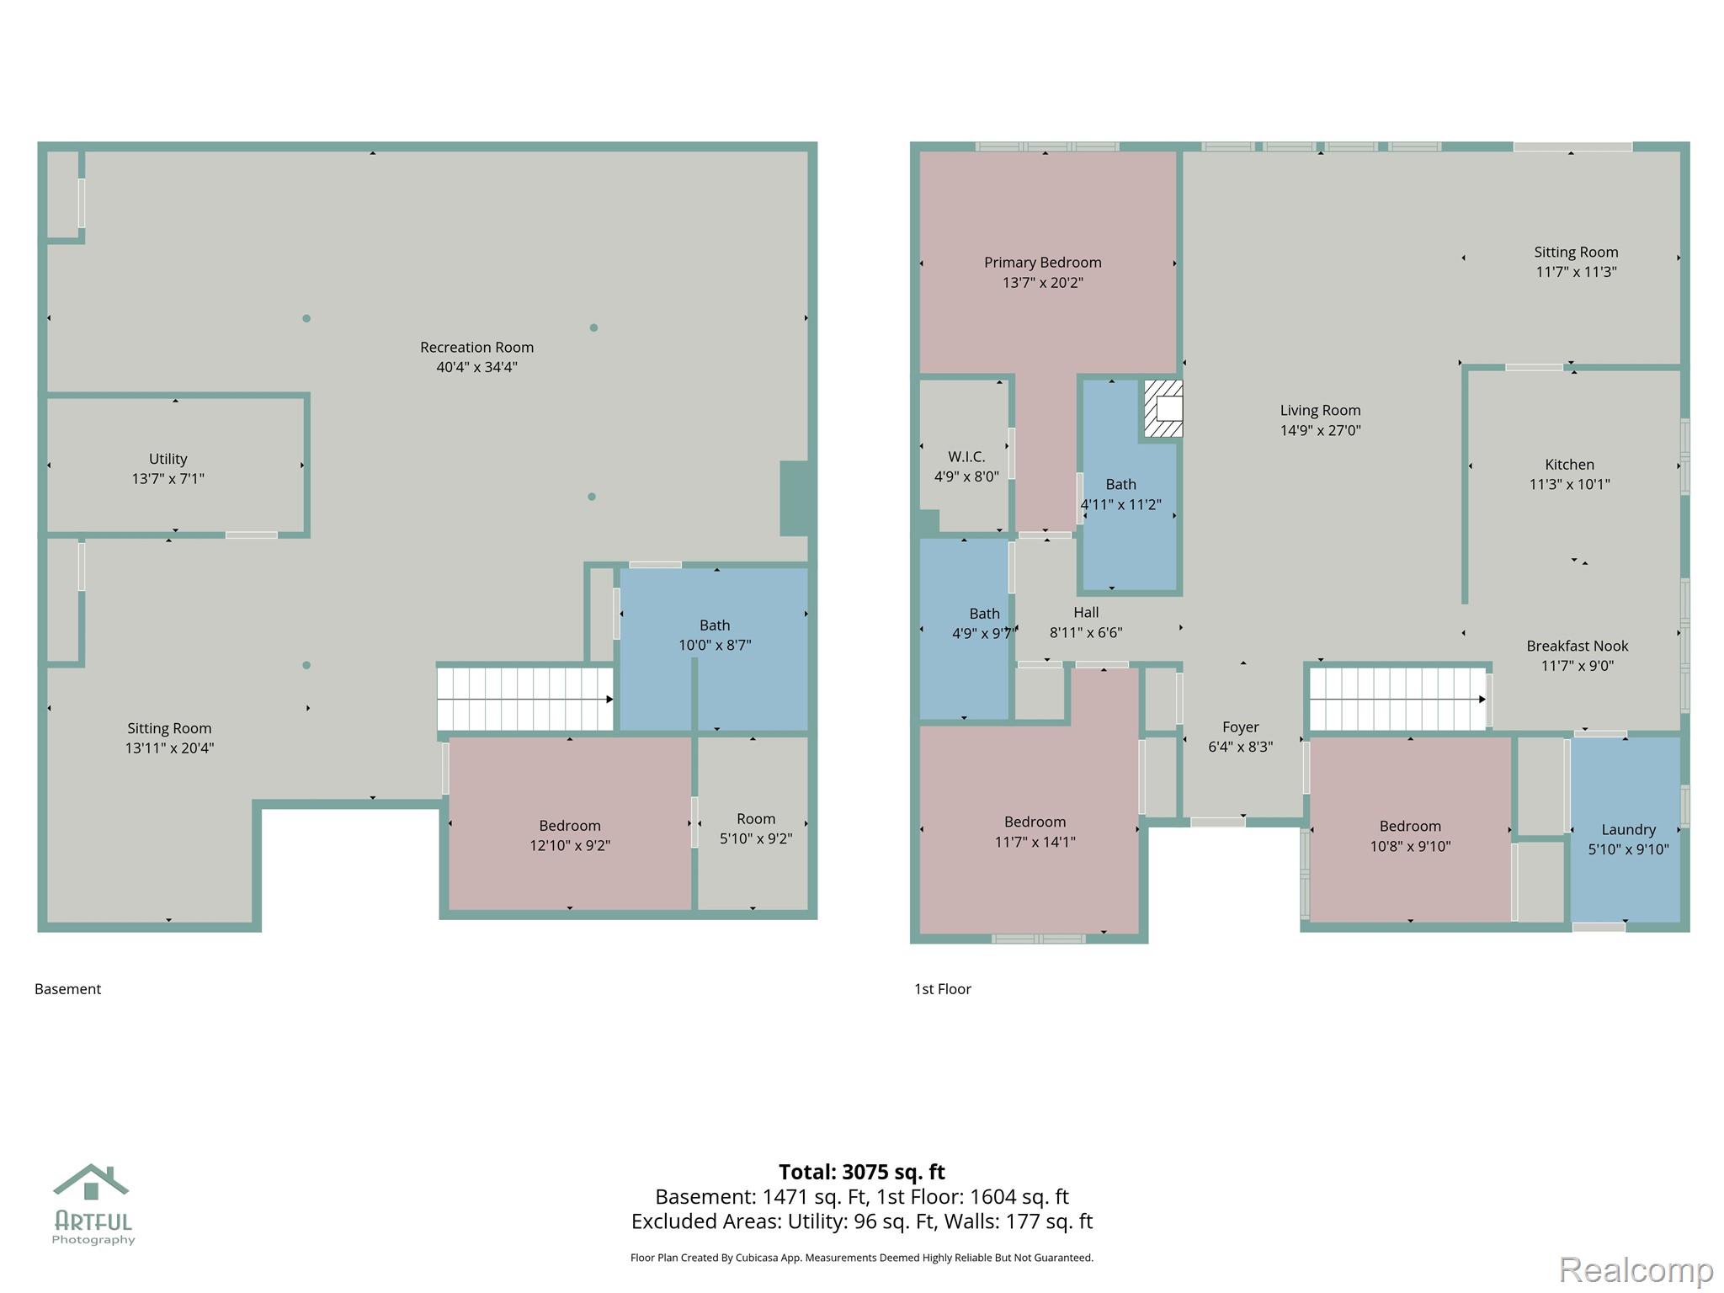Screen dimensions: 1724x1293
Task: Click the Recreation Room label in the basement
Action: coord(476,347)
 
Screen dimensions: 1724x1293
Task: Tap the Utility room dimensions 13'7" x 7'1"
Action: coord(168,479)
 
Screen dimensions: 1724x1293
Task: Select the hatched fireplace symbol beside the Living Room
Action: coord(1163,408)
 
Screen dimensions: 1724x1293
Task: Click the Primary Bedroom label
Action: coord(1043,263)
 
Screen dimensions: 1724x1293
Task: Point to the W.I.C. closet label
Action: coord(966,456)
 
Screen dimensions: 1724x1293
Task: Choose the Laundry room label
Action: coord(1628,829)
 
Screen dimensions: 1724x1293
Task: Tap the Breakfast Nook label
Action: coord(1578,646)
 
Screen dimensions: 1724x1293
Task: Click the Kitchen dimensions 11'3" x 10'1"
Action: coord(1570,484)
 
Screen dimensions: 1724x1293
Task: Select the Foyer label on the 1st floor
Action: coord(1241,726)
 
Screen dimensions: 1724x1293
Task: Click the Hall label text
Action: coord(1086,612)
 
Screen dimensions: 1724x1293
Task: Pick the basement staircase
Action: coord(525,699)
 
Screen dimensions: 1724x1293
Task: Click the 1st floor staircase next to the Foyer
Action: coord(1398,699)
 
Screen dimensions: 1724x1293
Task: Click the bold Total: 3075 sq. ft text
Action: coord(862,1172)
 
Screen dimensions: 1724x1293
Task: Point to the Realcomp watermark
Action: coord(1636,1269)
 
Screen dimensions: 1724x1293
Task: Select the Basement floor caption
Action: coord(67,989)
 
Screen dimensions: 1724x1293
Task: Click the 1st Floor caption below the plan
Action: coord(943,989)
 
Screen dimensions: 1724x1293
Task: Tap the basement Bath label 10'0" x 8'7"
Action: coord(715,635)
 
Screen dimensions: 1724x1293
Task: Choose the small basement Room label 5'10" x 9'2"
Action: coord(756,828)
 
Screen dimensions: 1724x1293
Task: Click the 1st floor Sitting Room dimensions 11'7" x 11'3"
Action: coord(1576,272)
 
